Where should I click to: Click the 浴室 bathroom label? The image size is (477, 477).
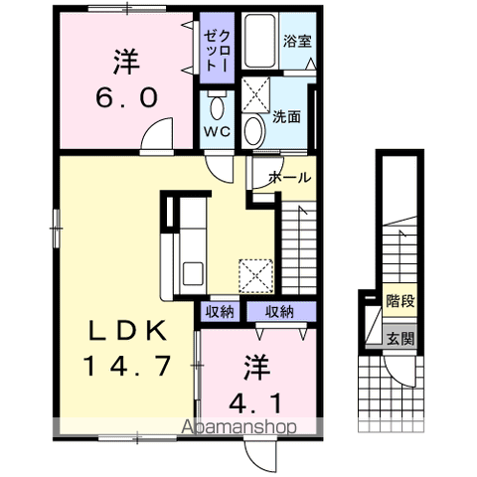296,44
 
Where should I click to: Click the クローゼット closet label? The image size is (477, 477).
217,46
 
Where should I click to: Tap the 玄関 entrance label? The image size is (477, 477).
401,338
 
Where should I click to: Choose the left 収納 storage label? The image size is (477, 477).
220,312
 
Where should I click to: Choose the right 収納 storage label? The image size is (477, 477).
279,312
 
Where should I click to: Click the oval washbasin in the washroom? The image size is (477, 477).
254,128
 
